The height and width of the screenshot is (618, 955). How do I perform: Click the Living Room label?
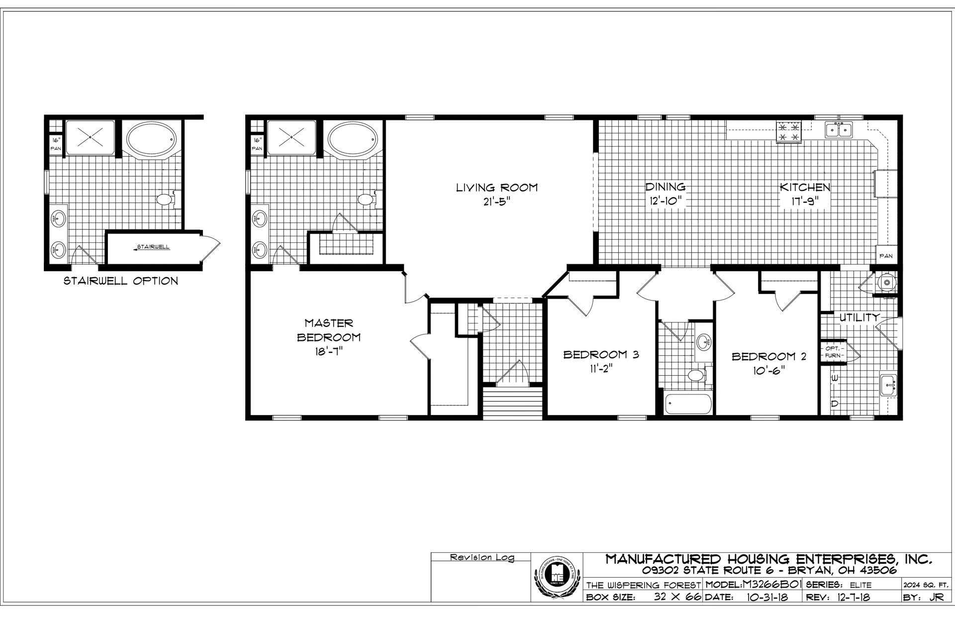click(497, 188)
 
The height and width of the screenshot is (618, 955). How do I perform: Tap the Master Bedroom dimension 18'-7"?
click(328, 351)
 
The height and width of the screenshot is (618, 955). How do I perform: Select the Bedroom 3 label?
click(601, 355)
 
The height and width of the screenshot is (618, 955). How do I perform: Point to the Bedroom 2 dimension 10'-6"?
click(768, 371)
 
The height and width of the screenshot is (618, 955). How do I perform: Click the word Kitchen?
click(804, 188)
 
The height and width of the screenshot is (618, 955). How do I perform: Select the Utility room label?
click(859, 317)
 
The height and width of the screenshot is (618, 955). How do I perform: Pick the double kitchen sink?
click(839, 130)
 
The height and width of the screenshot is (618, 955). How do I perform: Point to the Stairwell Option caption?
click(120, 281)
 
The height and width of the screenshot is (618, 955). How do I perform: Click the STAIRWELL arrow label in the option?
click(152, 247)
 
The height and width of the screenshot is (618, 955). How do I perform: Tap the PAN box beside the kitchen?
click(886, 256)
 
